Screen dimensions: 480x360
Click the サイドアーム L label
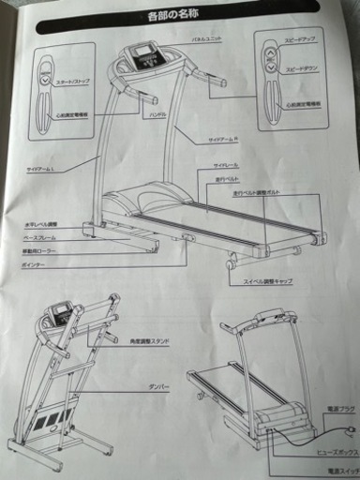click(42, 170)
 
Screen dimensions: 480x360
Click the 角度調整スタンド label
click(150, 338)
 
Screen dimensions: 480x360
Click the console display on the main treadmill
click(146, 53)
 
